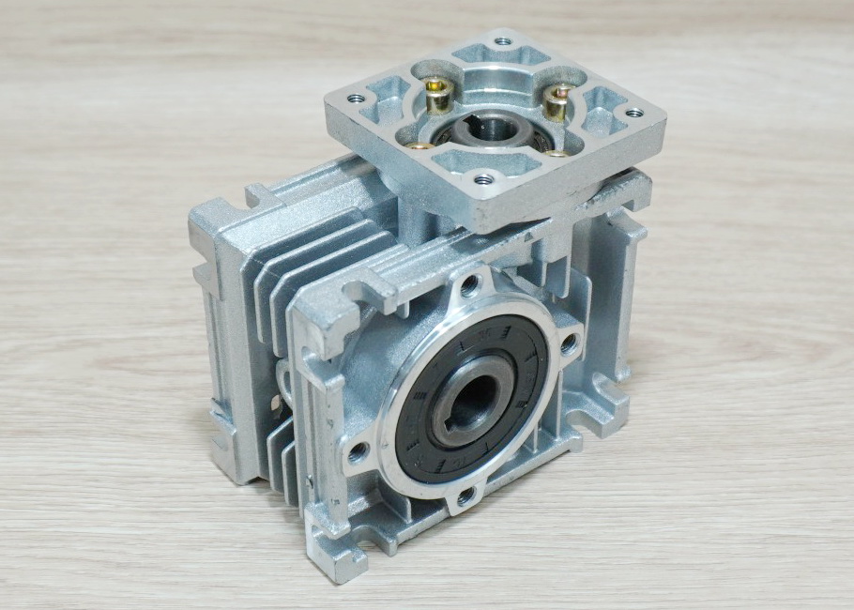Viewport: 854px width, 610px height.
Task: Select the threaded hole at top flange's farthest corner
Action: click(503, 41)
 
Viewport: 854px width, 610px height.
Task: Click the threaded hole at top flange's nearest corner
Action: click(483, 178)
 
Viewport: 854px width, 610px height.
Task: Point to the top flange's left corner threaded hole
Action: click(355, 98)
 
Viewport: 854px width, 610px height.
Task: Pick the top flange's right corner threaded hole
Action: click(633, 113)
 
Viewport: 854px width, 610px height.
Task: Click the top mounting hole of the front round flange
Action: click(470, 286)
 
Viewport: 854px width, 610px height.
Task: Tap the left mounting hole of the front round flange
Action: click(358, 453)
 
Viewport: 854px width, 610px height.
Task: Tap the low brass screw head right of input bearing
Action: click(557, 153)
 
